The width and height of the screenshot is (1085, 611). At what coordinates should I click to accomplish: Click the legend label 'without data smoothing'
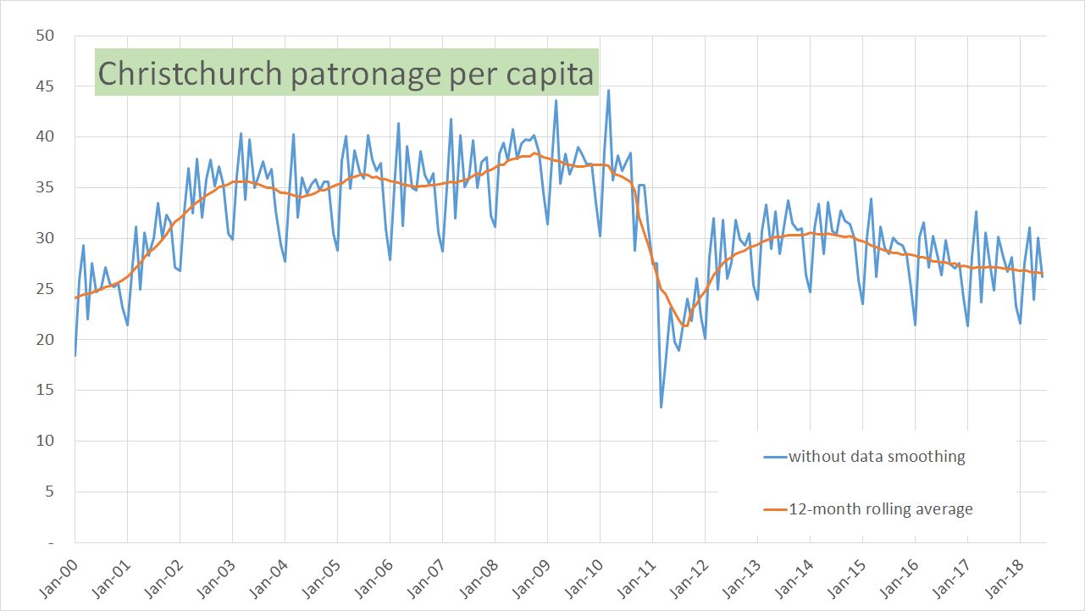tap(877, 457)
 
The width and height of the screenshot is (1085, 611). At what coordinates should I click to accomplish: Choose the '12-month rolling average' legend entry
tap(881, 509)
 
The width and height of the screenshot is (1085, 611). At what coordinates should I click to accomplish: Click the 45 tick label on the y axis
tap(44, 86)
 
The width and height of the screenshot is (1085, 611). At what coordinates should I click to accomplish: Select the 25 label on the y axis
tap(44, 289)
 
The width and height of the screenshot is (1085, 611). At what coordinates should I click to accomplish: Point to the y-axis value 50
tap(44, 36)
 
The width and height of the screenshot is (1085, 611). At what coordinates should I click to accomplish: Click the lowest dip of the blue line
tap(661, 408)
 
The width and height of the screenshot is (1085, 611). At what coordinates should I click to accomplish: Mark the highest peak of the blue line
tap(608, 91)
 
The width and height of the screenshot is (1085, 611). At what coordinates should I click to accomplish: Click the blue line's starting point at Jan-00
tap(75, 355)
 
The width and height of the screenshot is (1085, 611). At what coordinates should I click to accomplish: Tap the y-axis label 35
tap(44, 187)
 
